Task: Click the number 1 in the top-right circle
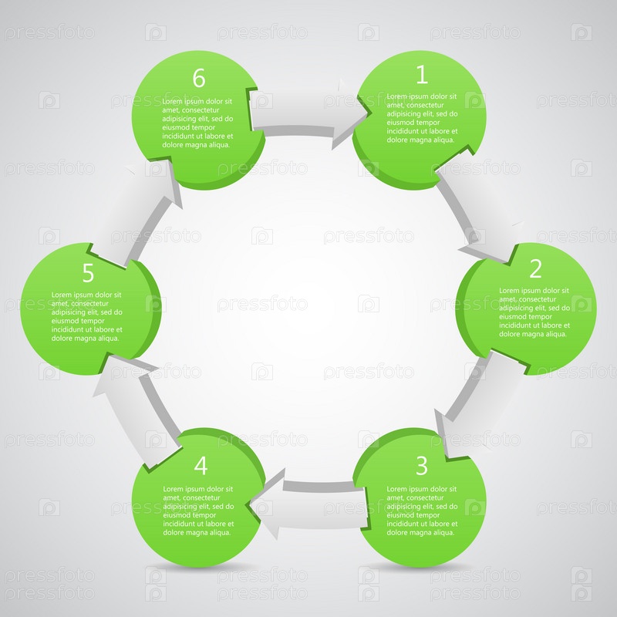[422, 74]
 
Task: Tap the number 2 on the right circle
[535, 268]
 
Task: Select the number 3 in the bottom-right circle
[421, 466]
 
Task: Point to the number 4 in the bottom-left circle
[201, 466]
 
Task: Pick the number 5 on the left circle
[88, 273]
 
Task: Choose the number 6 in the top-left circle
[199, 78]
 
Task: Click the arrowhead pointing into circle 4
[268, 504]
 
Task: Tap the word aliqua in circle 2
[555, 334]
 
